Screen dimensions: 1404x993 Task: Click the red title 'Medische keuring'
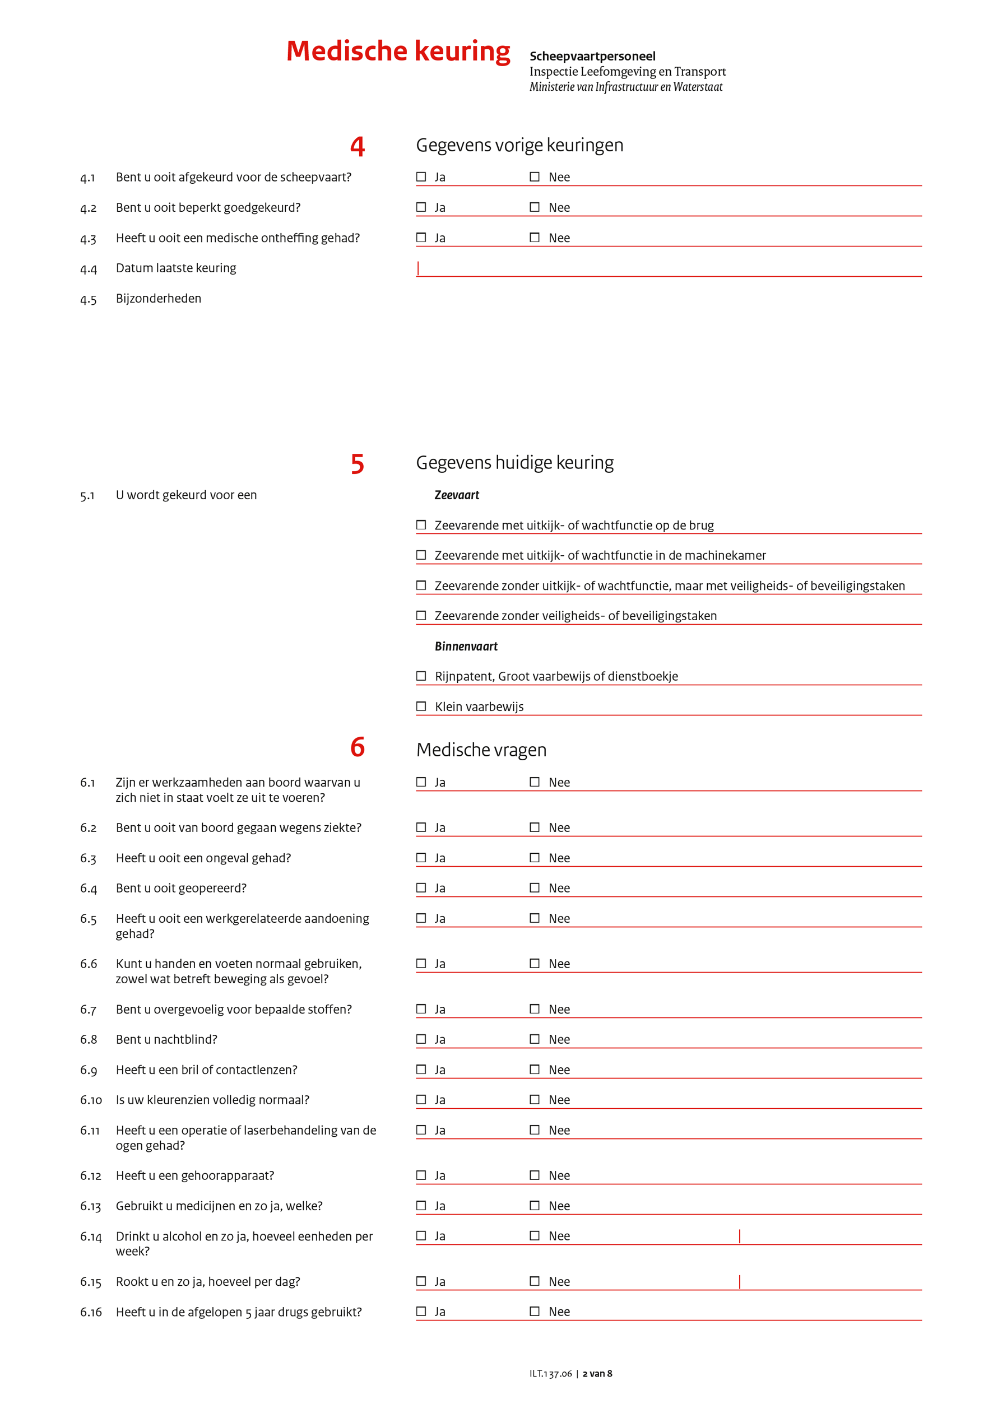(x=398, y=52)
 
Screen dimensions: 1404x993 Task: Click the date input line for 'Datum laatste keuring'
(x=669, y=269)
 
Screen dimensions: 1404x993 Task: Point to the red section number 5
(x=358, y=464)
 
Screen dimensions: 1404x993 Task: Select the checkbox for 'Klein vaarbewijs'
(x=421, y=706)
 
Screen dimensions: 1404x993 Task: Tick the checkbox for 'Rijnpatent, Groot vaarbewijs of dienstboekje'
(x=421, y=676)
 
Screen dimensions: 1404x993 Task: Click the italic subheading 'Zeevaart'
(x=457, y=495)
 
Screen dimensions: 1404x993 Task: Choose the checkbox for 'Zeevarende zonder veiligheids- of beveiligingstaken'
(x=421, y=615)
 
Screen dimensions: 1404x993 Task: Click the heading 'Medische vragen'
(x=481, y=750)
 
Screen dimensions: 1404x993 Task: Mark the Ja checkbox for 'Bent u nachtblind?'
(x=421, y=1039)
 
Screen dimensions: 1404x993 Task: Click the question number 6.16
(x=91, y=1312)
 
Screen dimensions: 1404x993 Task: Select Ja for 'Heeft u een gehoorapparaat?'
(x=421, y=1175)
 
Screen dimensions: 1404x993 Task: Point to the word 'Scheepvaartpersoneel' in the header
(x=592, y=56)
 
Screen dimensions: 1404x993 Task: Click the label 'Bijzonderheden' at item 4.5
(x=159, y=299)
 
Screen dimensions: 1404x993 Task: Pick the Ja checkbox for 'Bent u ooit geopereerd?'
(x=421, y=887)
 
